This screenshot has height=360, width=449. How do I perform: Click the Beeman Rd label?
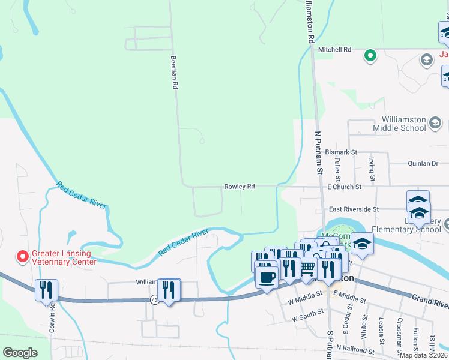click(x=175, y=73)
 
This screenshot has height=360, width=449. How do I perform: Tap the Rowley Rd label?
click(x=240, y=187)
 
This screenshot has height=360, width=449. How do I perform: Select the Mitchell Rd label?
click(x=334, y=50)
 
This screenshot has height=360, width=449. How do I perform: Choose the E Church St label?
click(x=344, y=187)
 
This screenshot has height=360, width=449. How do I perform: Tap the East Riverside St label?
click(x=354, y=209)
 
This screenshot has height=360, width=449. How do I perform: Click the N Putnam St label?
click(x=319, y=154)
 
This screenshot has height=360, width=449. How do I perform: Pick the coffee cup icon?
click(x=267, y=277)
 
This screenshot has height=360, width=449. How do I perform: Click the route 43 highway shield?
click(x=155, y=299)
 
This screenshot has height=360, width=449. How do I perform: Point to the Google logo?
click(x=20, y=353)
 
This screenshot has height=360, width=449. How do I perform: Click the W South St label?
click(x=307, y=319)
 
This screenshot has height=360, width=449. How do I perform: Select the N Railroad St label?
click(x=355, y=348)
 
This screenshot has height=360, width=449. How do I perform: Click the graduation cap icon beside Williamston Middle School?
click(x=435, y=124)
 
